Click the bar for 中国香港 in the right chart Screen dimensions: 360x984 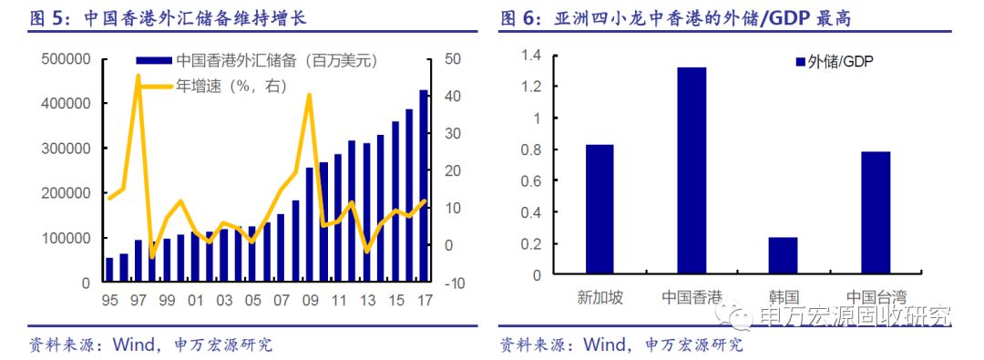[692, 170]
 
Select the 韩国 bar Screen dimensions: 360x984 [783, 255]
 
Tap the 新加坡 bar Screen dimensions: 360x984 [600, 209]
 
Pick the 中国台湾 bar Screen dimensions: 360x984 [875, 212]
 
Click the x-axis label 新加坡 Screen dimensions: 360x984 [600, 298]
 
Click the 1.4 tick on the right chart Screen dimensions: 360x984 [529, 57]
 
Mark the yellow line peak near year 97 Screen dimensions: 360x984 [138, 76]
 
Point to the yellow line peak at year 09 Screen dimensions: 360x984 [310, 95]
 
